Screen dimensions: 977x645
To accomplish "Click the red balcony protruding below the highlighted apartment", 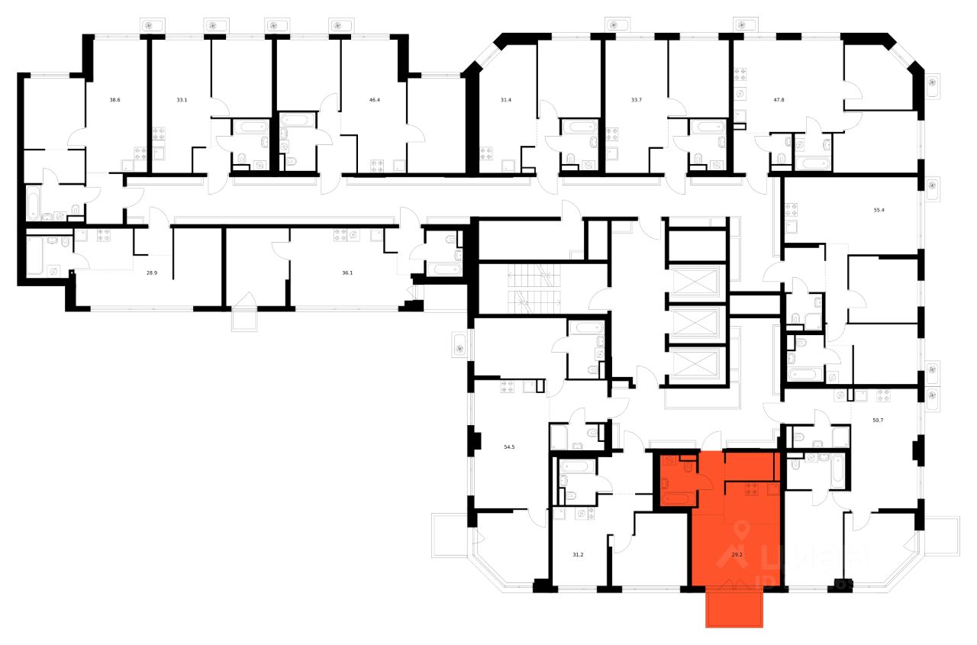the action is click(x=735, y=608).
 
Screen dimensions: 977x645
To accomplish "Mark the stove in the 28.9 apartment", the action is click(x=104, y=235).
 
